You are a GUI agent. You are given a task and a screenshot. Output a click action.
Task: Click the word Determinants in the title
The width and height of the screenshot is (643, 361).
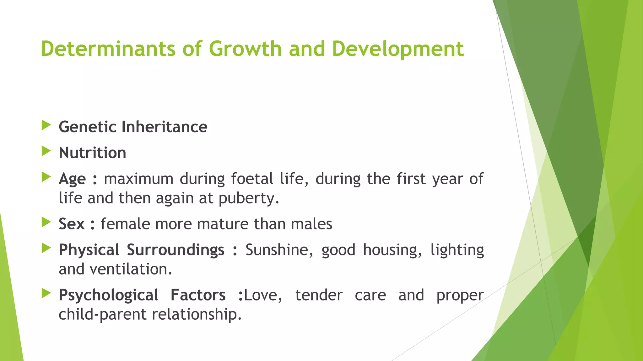coord(108,49)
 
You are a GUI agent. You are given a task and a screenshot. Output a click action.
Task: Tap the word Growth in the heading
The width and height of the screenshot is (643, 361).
coord(245,49)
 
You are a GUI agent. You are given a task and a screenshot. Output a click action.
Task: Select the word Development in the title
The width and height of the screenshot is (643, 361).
coord(397,50)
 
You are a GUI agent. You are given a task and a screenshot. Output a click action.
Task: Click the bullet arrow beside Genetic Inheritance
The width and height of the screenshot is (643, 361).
coord(46,126)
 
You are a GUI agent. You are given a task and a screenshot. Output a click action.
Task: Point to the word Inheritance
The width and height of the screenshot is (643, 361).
coord(164,127)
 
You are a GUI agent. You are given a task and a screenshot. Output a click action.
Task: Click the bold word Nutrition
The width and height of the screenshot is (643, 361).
coord(92,153)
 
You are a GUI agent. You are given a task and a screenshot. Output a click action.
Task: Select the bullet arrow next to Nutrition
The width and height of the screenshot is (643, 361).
coord(46,152)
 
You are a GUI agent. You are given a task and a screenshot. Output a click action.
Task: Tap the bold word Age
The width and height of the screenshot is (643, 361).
coord(72,179)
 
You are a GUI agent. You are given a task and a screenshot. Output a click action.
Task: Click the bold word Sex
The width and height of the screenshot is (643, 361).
coord(72,224)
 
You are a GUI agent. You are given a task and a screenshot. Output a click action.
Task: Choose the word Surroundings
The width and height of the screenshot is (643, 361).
coord(176,250)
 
